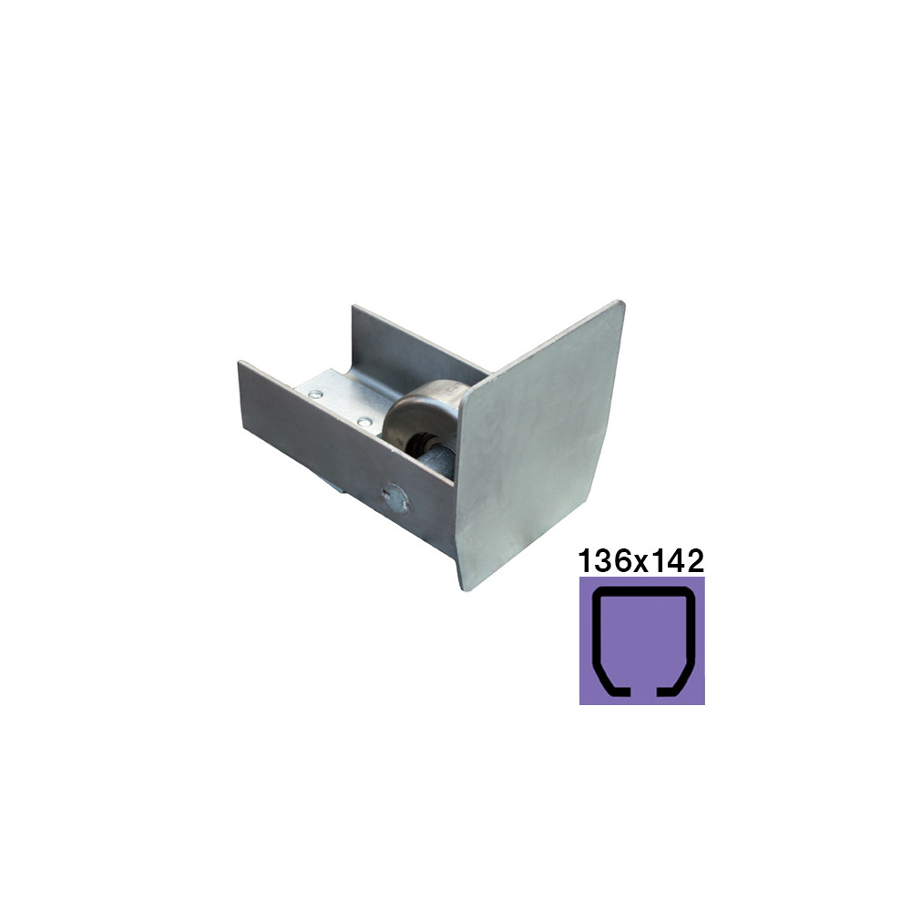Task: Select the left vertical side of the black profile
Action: point(596,633)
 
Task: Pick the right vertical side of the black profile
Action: point(690,633)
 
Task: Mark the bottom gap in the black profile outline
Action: point(642,692)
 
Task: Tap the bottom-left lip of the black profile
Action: point(613,690)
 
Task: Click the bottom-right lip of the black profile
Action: point(673,690)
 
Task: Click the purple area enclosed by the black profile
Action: point(642,640)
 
